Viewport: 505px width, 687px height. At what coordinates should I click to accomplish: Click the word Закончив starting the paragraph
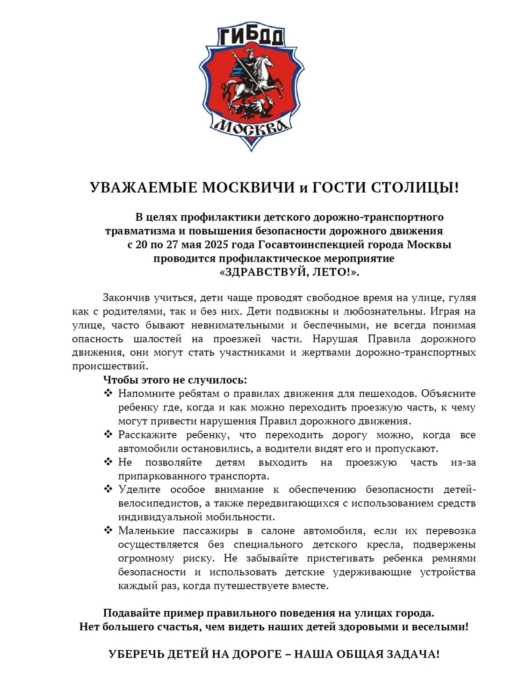pyautogui.click(x=125, y=298)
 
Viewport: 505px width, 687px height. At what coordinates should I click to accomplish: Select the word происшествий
pyautogui.click(x=110, y=366)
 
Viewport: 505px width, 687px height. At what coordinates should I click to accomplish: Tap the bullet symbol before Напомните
pyautogui.click(x=108, y=393)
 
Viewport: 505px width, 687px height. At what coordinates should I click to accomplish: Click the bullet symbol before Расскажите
pyautogui.click(x=108, y=435)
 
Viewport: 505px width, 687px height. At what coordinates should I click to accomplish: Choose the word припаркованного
pyautogui.click(x=161, y=476)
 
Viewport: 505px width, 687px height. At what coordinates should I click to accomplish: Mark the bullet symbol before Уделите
pyautogui.click(x=108, y=490)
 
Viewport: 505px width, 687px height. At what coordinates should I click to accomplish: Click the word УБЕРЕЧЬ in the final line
pyautogui.click(x=136, y=654)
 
